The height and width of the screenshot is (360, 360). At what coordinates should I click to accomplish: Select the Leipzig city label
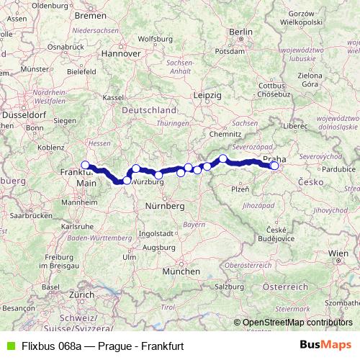click(x=205, y=94)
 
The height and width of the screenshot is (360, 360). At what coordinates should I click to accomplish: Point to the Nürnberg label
click(x=166, y=206)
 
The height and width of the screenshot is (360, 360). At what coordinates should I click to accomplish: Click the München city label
click(x=181, y=272)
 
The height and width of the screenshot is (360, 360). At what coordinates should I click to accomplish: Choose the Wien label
click(x=338, y=254)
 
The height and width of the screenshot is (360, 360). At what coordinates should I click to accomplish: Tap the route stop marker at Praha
click(x=274, y=166)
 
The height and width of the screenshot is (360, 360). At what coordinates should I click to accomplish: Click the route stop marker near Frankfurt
click(x=85, y=165)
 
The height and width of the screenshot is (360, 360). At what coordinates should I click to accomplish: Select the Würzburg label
click(x=144, y=181)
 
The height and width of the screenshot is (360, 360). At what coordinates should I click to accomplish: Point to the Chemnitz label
click(x=225, y=133)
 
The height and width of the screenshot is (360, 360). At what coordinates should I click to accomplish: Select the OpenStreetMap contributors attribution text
click(x=297, y=323)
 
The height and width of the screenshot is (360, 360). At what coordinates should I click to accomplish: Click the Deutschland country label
click(x=149, y=110)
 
